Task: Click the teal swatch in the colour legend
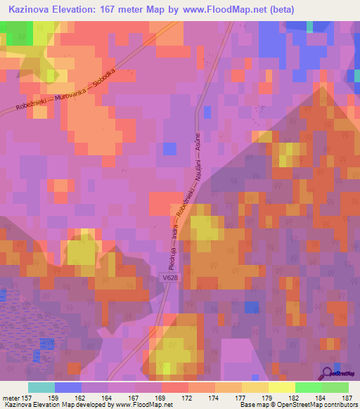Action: (41, 387)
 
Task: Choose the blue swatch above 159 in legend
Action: (68, 387)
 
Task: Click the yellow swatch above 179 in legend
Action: (255, 387)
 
